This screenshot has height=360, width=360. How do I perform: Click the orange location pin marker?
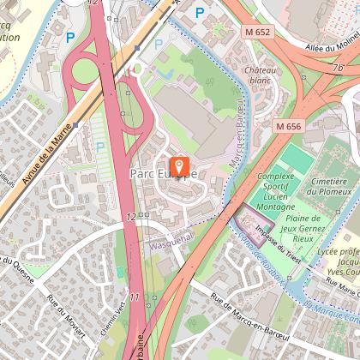[180, 165]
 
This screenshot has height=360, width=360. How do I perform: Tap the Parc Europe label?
[164, 173]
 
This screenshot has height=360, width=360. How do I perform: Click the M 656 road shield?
[290, 126]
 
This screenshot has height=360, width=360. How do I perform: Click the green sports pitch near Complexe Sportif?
[295, 157]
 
